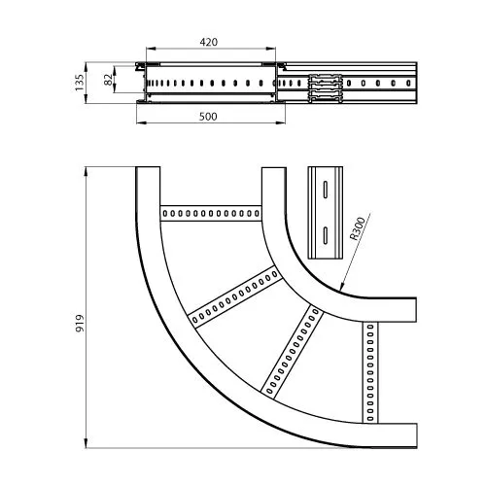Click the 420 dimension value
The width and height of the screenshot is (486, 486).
[x=209, y=42]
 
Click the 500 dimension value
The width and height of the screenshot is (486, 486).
[x=208, y=117]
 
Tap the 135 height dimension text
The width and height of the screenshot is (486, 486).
[x=80, y=83]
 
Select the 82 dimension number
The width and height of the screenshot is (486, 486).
[x=109, y=80]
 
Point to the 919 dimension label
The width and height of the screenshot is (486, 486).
[x=80, y=323]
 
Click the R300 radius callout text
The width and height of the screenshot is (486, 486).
[x=358, y=228]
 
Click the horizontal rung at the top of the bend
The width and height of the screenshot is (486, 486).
[x=211, y=213]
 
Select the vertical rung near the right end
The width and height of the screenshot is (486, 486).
[x=370, y=372]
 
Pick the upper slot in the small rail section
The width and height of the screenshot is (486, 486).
[x=326, y=189]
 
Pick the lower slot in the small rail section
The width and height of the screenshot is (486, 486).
[x=326, y=235]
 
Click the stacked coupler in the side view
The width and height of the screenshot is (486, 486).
[x=325, y=88]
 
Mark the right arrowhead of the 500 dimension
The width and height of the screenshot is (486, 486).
[x=281, y=122]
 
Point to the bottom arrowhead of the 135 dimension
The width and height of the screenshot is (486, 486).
[x=86, y=99]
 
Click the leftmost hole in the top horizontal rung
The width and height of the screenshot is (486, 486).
[x=165, y=213]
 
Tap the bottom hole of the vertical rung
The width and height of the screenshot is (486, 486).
[x=370, y=419]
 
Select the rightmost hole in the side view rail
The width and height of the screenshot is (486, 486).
[x=408, y=84]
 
